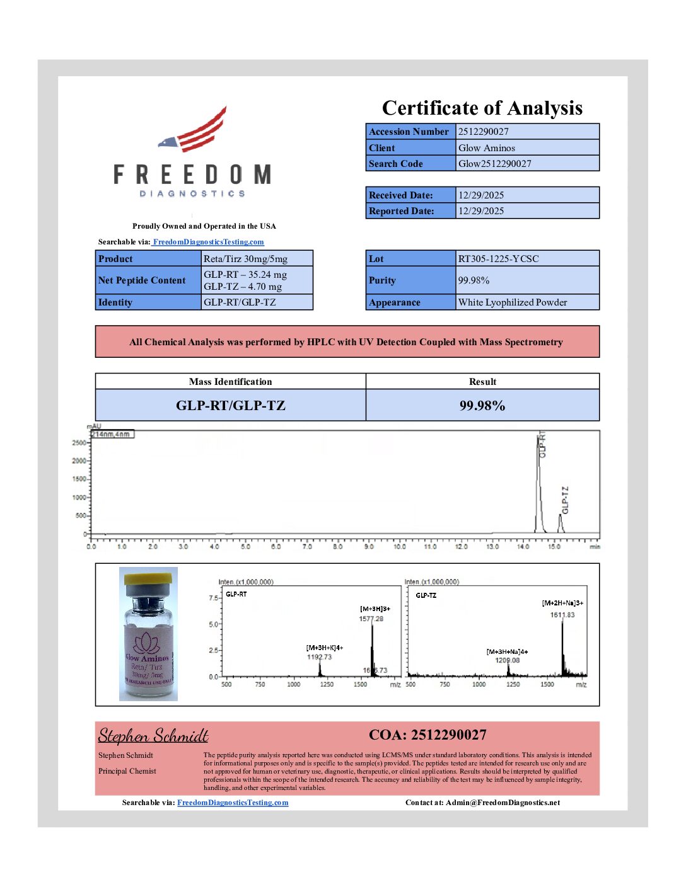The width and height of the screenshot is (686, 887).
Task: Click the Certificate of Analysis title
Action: tap(482, 108)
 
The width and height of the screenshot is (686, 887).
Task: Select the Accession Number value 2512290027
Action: tap(484, 132)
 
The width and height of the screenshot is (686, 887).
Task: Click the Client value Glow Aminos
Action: tap(487, 148)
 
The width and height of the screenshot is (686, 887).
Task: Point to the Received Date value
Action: tap(481, 195)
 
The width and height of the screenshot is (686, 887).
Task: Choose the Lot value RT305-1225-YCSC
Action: tap(499, 259)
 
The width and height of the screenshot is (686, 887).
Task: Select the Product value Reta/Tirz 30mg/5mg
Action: tap(245, 259)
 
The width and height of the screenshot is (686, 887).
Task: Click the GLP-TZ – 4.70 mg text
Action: tap(243, 287)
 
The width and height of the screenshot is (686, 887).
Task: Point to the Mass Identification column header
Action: tap(230, 382)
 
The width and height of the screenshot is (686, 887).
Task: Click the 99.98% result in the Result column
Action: tap(482, 406)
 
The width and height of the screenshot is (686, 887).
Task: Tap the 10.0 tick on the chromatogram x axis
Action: tap(400, 547)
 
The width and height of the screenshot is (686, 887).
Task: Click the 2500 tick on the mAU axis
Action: tap(79, 443)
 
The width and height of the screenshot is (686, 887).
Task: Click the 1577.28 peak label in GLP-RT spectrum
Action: tap(371, 619)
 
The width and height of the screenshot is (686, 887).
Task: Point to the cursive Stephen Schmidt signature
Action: tap(153, 736)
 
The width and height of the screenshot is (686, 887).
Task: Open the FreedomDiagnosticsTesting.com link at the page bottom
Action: tap(233, 803)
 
